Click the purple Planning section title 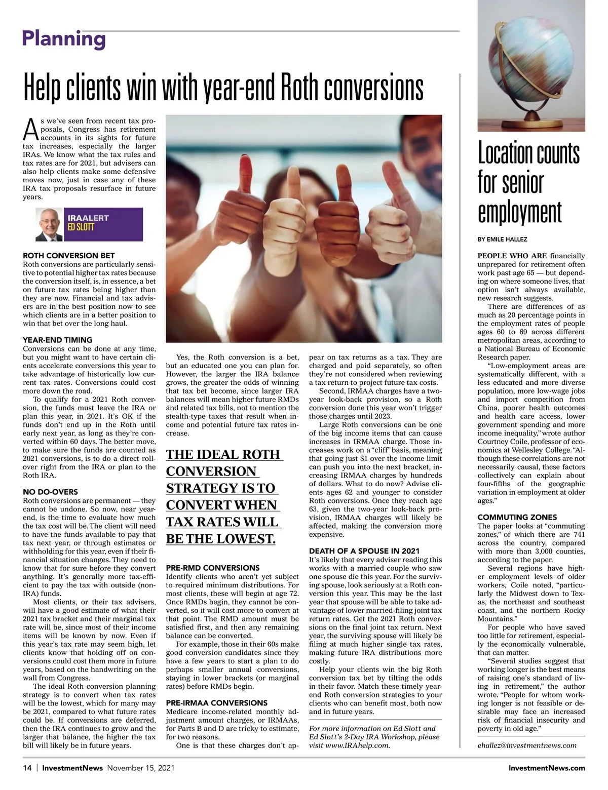[64, 38]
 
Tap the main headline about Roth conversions [223, 88]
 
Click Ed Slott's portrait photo [49, 224]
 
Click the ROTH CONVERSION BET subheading [69, 256]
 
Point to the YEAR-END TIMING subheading [58, 340]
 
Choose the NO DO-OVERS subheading [51, 492]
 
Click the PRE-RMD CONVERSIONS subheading [213, 568]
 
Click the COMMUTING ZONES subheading [517, 517]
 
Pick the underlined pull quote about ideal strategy [223, 496]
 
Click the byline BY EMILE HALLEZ [503, 239]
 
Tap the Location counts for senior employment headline [528, 183]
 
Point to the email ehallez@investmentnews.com [527, 745]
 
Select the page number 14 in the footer [27, 768]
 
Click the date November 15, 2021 [140, 768]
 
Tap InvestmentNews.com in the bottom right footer [547, 768]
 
